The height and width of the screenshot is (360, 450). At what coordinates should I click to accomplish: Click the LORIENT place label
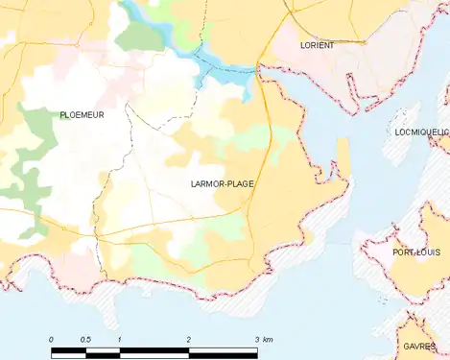[x=316, y=45]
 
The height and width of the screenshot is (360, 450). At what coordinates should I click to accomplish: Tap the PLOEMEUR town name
[x=82, y=114]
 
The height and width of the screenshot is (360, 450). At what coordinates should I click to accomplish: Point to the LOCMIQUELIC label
[x=421, y=132]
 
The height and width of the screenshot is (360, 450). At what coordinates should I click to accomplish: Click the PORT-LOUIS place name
[x=416, y=252]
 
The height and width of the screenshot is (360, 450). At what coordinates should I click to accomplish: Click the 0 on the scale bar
[x=51, y=340]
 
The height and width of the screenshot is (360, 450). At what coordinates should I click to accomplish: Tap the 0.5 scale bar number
[x=84, y=340]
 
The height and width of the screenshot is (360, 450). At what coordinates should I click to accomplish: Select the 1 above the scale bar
[x=119, y=340]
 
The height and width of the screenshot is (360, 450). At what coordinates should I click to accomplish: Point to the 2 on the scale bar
[x=188, y=340]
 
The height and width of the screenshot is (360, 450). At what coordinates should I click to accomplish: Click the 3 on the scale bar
[x=256, y=340]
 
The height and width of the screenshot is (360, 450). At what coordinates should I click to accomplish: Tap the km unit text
[x=269, y=340]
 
